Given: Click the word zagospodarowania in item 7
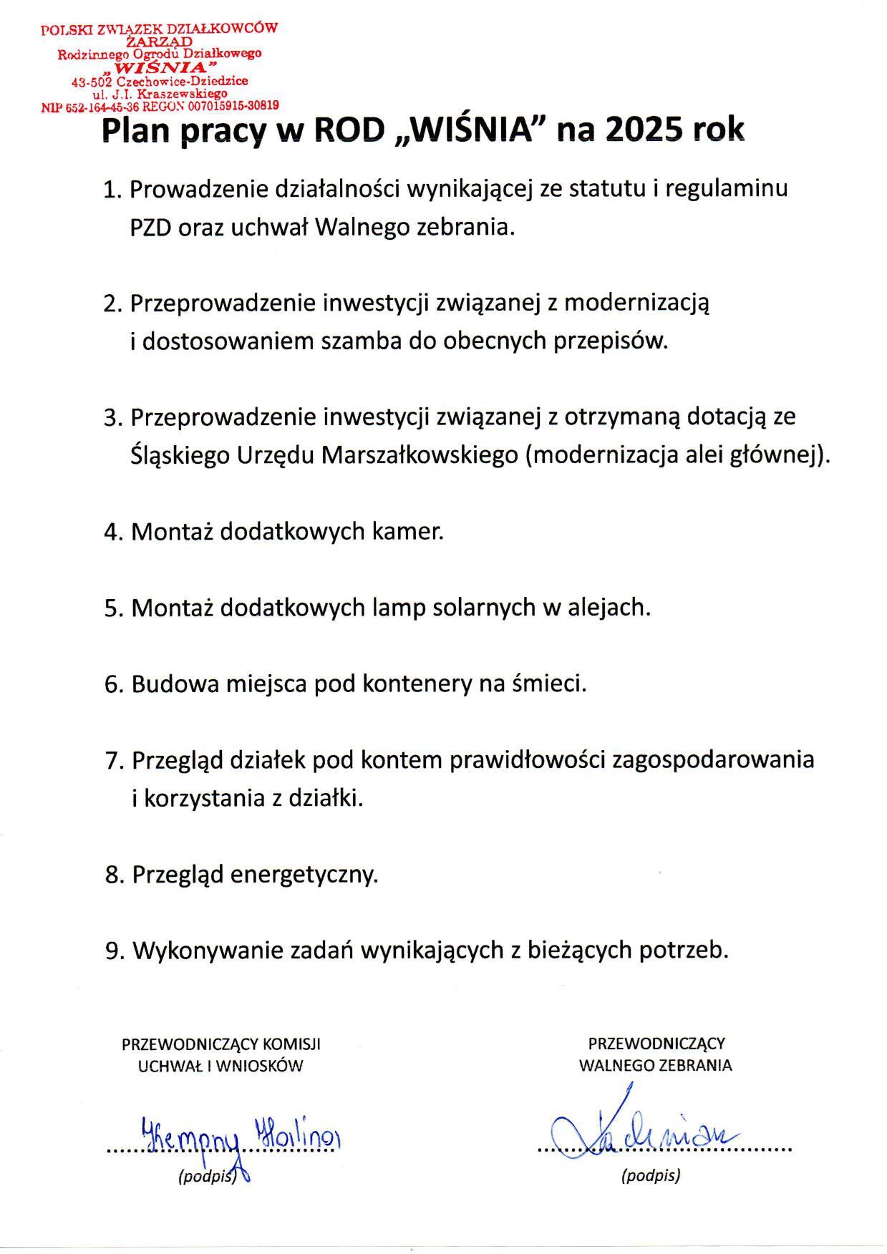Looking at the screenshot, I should point(712,759).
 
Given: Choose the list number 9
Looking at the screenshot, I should point(111,951).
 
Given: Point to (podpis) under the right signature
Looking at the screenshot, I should point(651,1175).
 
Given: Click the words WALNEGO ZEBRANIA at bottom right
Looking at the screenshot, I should point(656,1065).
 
